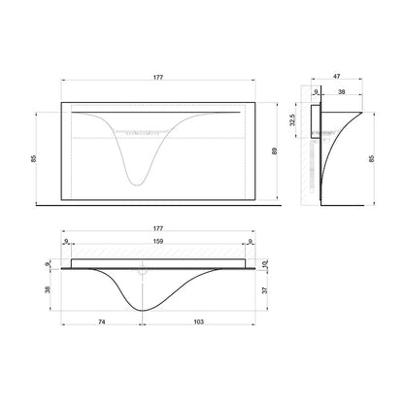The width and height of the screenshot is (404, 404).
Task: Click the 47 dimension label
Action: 337,77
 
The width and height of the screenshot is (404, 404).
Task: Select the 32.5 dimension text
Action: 292,119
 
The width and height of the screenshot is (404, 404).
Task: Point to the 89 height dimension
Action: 275,151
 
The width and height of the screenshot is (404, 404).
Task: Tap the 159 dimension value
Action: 158,241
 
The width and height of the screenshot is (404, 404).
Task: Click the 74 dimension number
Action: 102,321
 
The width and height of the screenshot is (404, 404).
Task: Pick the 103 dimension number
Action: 198,321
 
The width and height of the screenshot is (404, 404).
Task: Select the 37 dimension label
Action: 265,290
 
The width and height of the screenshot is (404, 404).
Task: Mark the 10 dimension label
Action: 265,264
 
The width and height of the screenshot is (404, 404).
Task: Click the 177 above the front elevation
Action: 158,78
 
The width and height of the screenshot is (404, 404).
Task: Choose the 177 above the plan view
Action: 158,228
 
